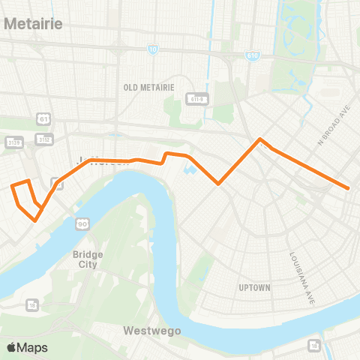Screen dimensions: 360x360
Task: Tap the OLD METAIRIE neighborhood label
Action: pos(148,87)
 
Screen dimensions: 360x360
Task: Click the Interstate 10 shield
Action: pos(153,49)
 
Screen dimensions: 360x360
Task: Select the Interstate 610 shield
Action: pos(252,55)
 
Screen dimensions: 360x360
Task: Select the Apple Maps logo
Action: pos(26,347)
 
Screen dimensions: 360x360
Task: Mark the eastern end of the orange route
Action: pos(349,188)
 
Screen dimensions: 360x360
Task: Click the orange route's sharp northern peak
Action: pos(260,139)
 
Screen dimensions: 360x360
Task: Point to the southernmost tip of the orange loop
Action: pos(35,220)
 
